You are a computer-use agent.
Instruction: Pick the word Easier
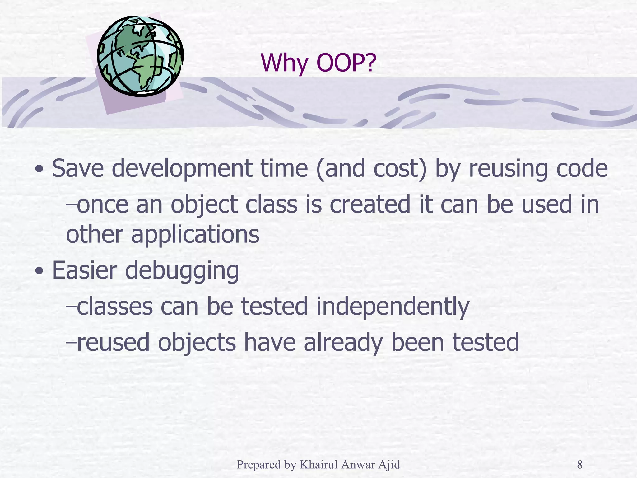tap(84, 270)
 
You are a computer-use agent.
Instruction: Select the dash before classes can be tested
tap(71, 307)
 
